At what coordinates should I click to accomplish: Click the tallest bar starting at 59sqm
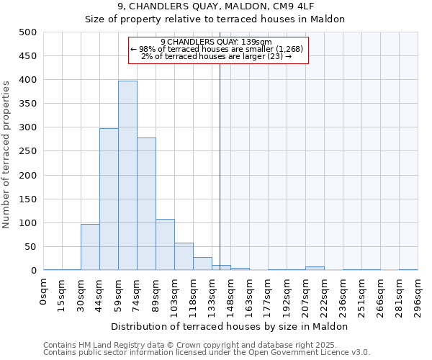(x=127, y=176)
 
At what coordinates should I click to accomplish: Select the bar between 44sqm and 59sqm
(x=109, y=199)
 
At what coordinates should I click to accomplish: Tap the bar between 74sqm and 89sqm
(x=146, y=204)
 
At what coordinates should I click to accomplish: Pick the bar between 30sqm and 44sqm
(x=90, y=247)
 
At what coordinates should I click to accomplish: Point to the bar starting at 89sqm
(x=165, y=245)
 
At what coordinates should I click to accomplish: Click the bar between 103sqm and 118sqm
(x=184, y=256)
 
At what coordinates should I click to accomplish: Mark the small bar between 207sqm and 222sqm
(x=315, y=269)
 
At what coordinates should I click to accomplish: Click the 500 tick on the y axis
(x=28, y=32)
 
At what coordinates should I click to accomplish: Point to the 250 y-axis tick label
(x=28, y=151)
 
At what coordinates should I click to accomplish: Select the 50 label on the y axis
(x=30, y=247)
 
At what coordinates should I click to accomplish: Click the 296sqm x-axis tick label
(x=418, y=294)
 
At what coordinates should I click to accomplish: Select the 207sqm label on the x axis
(x=306, y=294)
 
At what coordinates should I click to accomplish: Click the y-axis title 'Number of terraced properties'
(x=7, y=154)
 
